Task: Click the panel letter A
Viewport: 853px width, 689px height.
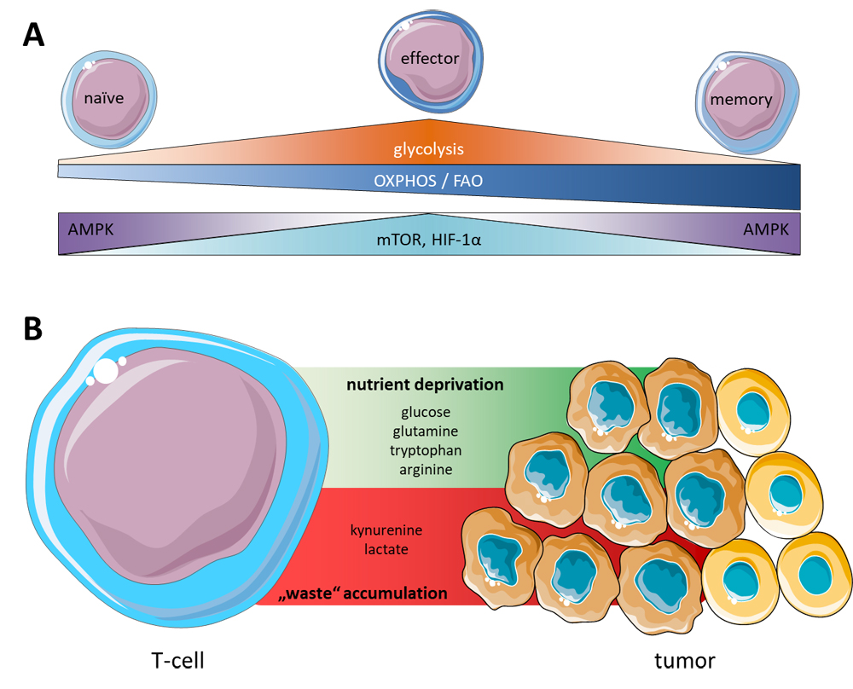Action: point(33,35)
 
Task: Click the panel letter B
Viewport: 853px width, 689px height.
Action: point(32,329)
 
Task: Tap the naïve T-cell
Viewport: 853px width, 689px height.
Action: point(105,96)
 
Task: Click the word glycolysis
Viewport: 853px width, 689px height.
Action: point(428,149)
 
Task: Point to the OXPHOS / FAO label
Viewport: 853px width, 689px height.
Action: point(429,181)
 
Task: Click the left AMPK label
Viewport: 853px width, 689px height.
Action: point(90,229)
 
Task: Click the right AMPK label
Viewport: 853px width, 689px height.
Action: point(765,229)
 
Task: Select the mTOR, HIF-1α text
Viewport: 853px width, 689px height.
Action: point(429,241)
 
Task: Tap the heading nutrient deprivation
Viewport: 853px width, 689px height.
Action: point(425,385)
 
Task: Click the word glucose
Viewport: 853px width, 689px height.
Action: point(425,413)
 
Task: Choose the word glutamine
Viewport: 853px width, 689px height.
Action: point(425,431)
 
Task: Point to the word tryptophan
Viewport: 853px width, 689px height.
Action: point(425,450)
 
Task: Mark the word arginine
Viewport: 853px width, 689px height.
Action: point(425,469)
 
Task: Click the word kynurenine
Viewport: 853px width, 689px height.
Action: point(386,530)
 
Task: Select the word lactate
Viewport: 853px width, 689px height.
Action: point(386,550)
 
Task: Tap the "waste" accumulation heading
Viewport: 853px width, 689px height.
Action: point(366,593)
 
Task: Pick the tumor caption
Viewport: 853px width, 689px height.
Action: point(684,661)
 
